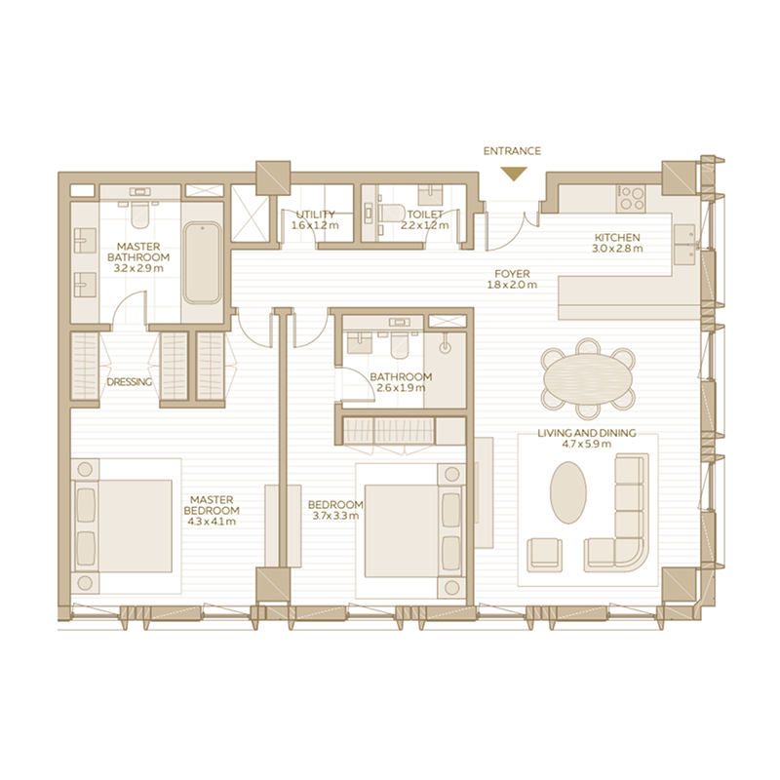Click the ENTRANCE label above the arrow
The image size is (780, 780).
click(512, 151)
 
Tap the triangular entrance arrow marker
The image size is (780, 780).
click(514, 174)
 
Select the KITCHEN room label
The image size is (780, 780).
click(617, 237)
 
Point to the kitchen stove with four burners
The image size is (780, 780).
click(631, 198)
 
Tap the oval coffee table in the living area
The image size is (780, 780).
click(568, 492)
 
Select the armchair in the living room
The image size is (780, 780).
click(544, 554)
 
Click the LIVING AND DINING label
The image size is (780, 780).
click(587, 433)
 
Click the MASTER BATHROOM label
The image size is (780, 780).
click(138, 253)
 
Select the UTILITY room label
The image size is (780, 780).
click(313, 214)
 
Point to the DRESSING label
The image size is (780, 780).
click(130, 382)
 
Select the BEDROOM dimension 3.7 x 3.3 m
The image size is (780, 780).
click(335, 516)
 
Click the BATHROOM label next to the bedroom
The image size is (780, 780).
click(400, 377)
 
